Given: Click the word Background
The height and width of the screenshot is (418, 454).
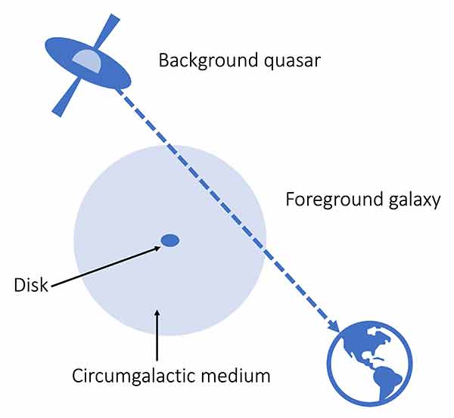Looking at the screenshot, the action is click(208, 61).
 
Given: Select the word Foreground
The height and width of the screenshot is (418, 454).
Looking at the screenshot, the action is click(334, 200).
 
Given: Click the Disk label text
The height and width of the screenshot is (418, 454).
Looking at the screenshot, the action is click(31, 285).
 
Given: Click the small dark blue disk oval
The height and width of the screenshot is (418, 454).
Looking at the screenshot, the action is click(170, 240).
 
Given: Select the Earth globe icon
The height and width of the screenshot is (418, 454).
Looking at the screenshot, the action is click(369, 364).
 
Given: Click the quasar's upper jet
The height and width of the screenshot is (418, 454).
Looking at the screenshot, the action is click(108, 30).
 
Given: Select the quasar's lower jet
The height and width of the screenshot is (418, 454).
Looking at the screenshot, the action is click(66, 98).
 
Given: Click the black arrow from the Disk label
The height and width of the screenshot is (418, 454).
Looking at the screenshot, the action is click(106, 266).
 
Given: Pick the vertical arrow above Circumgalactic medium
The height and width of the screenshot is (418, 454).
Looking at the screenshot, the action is click(157, 336).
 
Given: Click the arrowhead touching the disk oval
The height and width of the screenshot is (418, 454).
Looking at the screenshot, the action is click(157, 248).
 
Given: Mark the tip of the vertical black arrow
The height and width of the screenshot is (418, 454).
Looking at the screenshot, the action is click(157, 310).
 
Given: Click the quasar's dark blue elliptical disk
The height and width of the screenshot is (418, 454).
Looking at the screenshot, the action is click(88, 63).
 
